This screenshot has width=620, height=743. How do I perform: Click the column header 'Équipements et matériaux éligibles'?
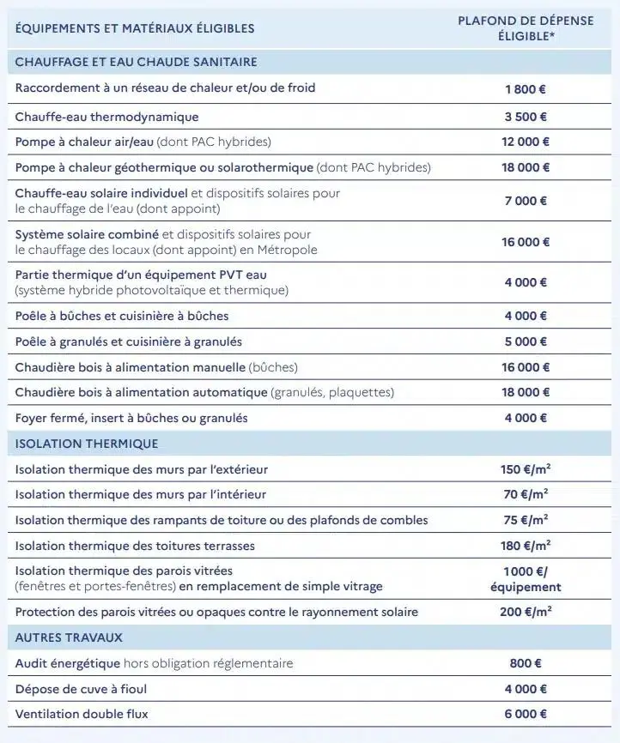click(x=135, y=28)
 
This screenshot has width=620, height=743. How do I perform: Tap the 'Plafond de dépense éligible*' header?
click(x=526, y=28)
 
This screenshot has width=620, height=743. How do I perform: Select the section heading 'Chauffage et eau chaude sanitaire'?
click(x=136, y=62)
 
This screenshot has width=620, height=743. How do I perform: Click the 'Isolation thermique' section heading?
click(x=87, y=444)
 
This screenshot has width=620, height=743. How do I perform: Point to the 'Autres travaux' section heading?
click(x=69, y=637)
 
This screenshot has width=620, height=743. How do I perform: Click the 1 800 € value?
click(x=526, y=89)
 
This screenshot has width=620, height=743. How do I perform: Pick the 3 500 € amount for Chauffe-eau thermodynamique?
click(x=526, y=117)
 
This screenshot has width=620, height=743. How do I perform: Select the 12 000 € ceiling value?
click(x=526, y=142)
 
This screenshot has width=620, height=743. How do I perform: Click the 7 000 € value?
click(x=526, y=201)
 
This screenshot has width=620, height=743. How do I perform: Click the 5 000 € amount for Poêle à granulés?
click(x=526, y=341)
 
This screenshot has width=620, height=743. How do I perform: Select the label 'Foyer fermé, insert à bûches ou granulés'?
click(x=131, y=418)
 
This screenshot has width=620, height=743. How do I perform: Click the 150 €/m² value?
click(x=526, y=469)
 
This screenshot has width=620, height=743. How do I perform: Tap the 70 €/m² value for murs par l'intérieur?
click(x=526, y=494)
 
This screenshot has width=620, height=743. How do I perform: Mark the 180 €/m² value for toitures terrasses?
click(x=526, y=546)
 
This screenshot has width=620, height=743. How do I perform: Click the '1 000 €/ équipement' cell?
click(x=526, y=579)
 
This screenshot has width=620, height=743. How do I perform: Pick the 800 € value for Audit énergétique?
click(x=526, y=663)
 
